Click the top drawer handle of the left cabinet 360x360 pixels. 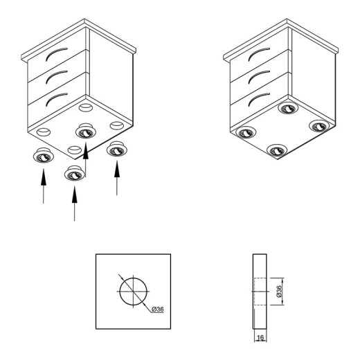pyautogui.click(x=54, y=53)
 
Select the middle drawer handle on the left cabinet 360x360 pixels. pyautogui.click(x=54, y=75)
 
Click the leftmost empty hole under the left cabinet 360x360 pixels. pyautogui.click(x=44, y=132)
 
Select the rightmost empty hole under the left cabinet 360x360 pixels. pyautogui.click(x=117, y=125)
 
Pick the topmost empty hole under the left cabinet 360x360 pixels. pyautogui.click(x=86, y=107)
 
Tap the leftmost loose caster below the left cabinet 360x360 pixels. pyautogui.click(x=44, y=155)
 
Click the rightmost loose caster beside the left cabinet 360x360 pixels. pyautogui.click(x=117, y=149)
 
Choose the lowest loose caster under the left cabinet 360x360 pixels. pyautogui.click(x=74, y=173)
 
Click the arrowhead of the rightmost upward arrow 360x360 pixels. pyautogui.click(x=117, y=169)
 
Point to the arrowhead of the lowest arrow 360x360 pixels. pyautogui.click(x=74, y=195)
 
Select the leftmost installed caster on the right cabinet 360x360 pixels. pyautogui.click(x=246, y=132)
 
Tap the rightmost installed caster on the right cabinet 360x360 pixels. pyautogui.click(x=319, y=126)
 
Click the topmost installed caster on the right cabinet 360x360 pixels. pyautogui.click(x=288, y=108)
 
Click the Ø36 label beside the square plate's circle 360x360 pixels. pyautogui.click(x=158, y=309)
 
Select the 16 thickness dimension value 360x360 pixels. pyautogui.click(x=260, y=338)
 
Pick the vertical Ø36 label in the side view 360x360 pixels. pyautogui.click(x=279, y=291)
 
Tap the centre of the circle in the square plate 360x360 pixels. pyautogui.click(x=134, y=291)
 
